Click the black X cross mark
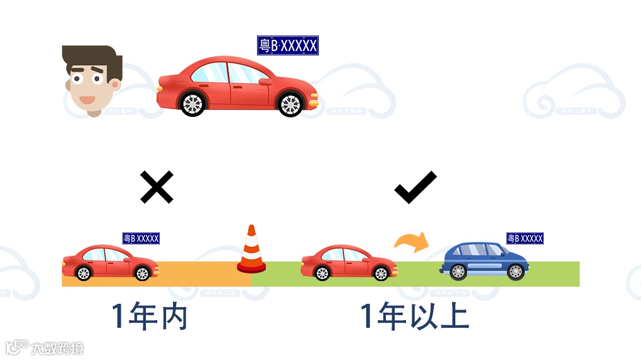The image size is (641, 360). (157, 188)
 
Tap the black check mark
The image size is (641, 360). (415, 188)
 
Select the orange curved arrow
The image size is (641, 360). (410, 242)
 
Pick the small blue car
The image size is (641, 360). (484, 261)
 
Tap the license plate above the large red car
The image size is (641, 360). (287, 45)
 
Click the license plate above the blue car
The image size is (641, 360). (525, 238)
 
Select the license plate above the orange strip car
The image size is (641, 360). (141, 238)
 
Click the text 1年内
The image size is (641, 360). (149, 316)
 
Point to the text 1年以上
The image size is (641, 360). (414, 316)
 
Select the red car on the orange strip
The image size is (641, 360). (109, 262)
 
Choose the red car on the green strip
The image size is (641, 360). (349, 262)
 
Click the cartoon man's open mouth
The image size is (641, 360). (86, 100)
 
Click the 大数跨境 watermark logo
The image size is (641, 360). (44, 347)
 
